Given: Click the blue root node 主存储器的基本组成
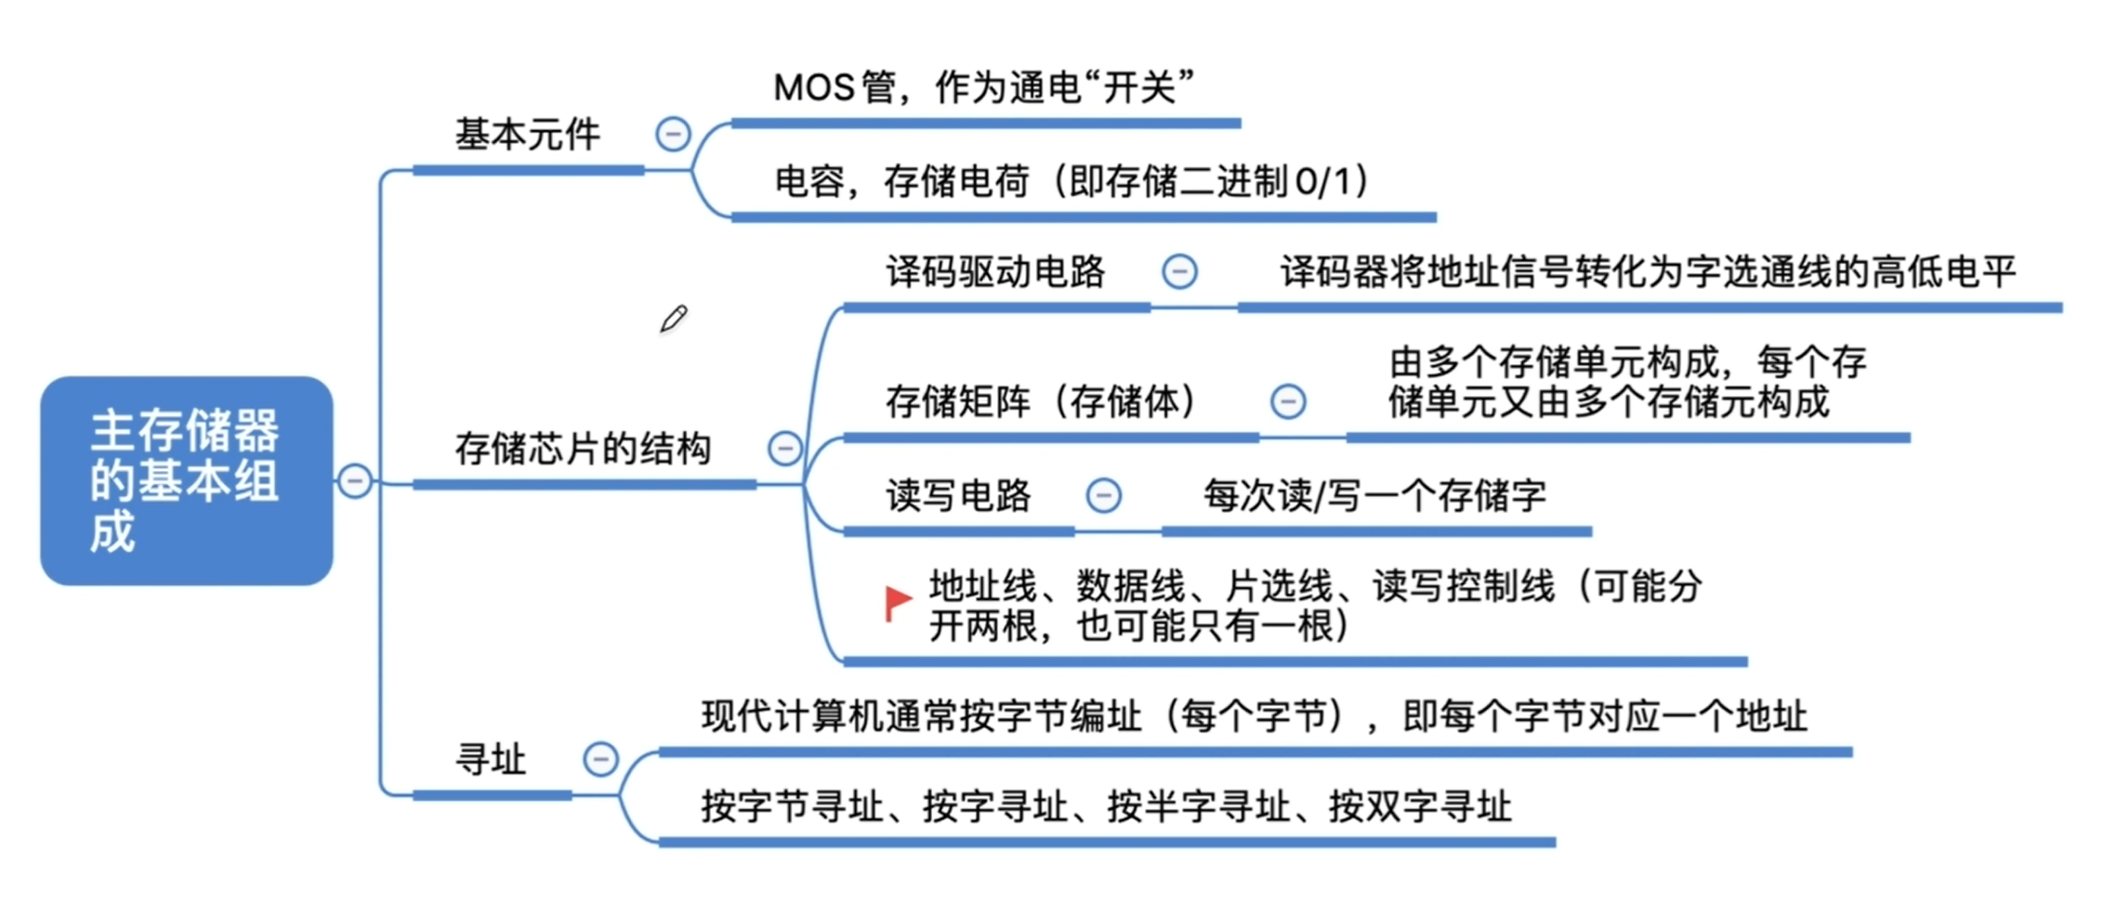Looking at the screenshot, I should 186,480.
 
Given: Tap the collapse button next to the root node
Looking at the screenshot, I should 355,480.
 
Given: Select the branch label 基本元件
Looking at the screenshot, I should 527,136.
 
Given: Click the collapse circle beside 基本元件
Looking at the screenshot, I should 673,135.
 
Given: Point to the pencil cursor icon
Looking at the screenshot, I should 674,319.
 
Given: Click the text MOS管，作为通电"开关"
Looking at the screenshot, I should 983,88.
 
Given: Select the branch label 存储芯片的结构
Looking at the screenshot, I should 583,449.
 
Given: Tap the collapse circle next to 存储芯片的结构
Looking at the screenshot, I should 785,449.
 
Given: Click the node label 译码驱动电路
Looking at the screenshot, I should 995,272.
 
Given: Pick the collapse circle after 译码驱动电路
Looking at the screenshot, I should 1180,272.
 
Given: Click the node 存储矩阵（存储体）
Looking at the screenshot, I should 1042,401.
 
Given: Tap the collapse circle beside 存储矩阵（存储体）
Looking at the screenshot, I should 1288,401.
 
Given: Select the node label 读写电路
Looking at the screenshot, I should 958,496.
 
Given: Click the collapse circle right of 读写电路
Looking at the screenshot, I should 1104,495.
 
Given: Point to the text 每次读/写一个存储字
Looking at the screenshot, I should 1374,496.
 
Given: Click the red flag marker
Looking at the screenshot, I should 898,602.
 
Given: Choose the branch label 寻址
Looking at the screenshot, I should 491,760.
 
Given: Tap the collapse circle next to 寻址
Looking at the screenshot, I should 600,759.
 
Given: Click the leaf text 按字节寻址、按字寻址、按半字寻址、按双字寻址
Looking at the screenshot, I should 1106,806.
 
